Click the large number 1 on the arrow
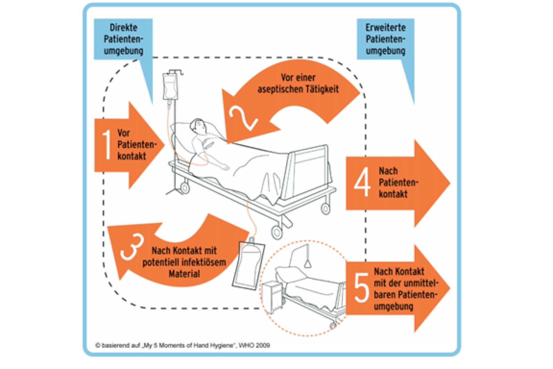[107, 145]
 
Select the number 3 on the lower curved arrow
[132, 247]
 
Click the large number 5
[361, 288]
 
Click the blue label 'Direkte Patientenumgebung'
[123, 39]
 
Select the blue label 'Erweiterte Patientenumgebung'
[385, 39]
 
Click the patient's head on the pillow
[199, 127]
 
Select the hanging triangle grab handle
[308, 263]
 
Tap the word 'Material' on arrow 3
[184, 274]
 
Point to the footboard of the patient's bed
[310, 170]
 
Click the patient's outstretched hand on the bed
[225, 167]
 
